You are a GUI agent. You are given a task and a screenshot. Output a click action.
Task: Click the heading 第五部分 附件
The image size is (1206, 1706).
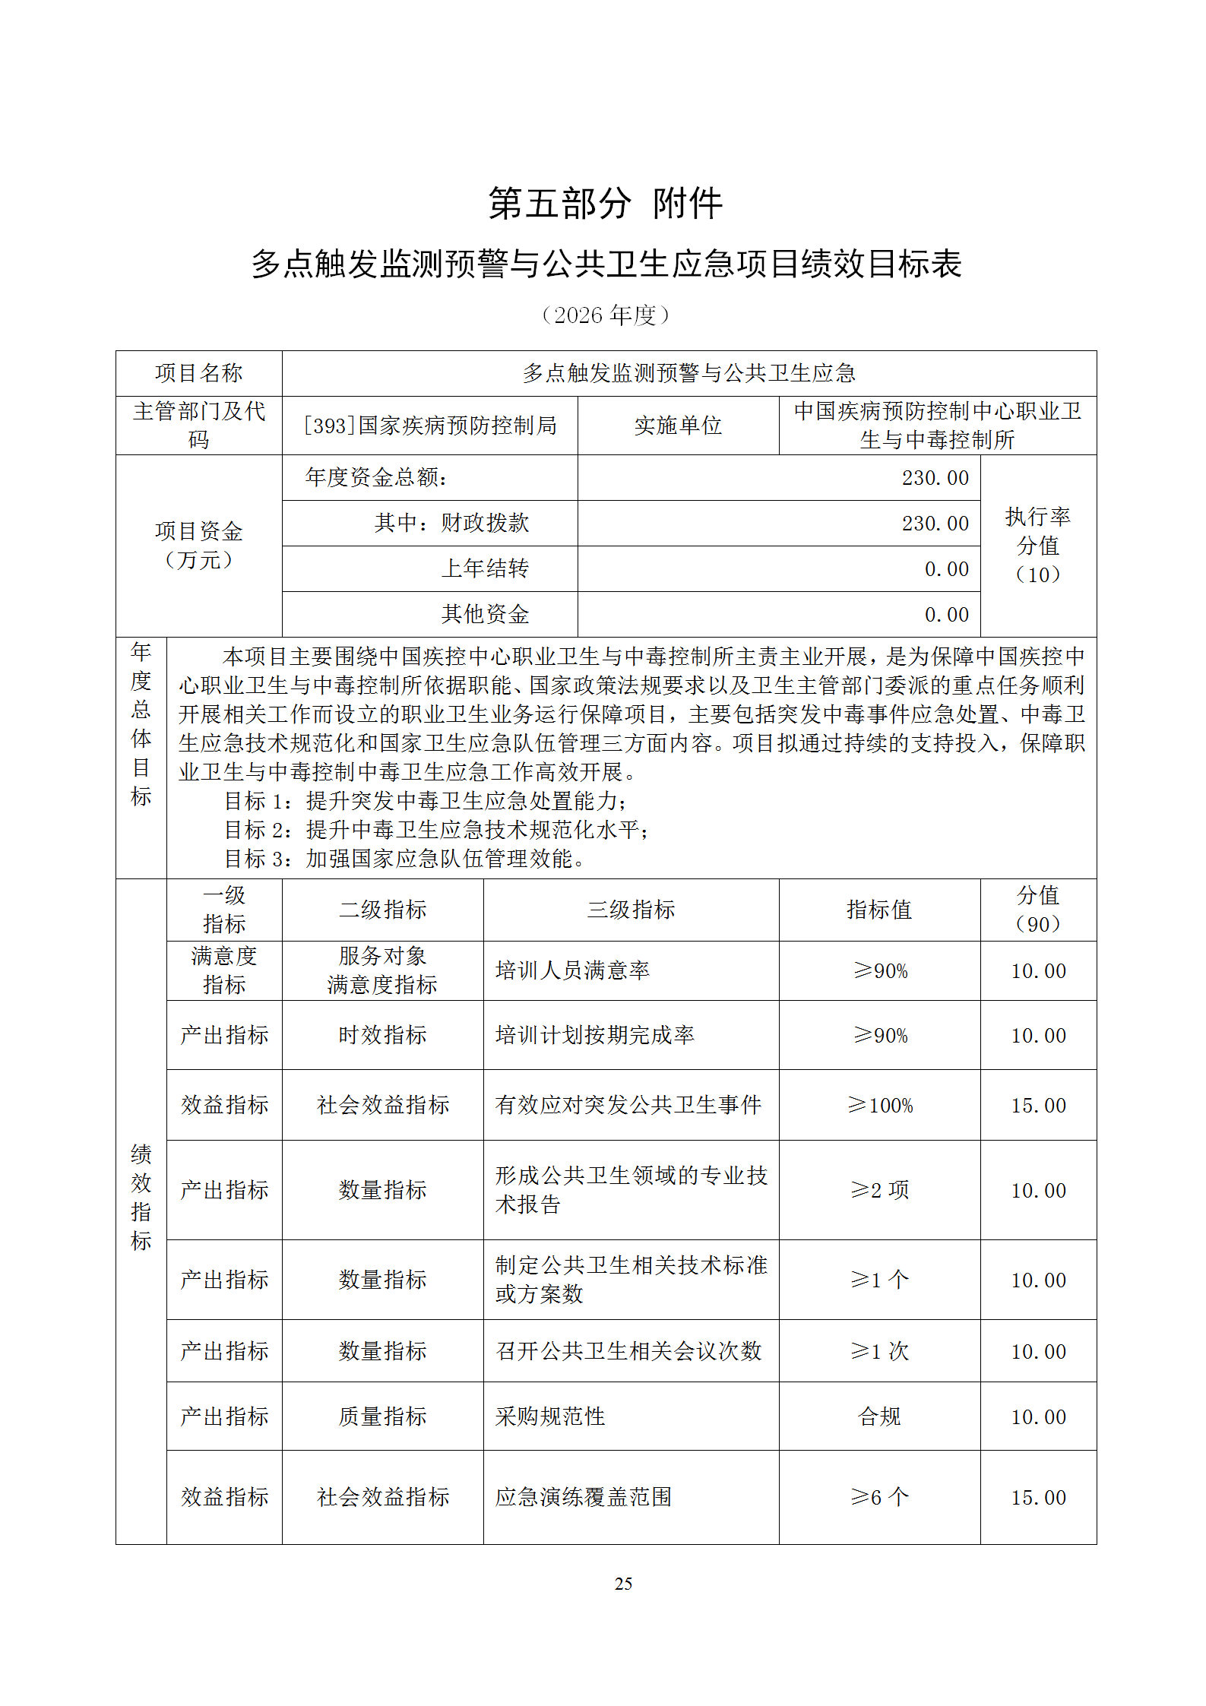pyautogui.click(x=605, y=204)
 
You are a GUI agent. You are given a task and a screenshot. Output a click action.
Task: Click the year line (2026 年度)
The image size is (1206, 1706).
pyautogui.click(x=605, y=315)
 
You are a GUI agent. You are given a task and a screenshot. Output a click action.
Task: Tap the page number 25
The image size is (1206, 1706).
pyautogui.click(x=623, y=1584)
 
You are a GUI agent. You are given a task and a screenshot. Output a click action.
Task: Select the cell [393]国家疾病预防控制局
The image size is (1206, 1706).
pyautogui.click(x=430, y=426)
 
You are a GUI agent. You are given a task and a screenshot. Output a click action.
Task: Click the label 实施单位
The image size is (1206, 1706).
pyautogui.click(x=678, y=426)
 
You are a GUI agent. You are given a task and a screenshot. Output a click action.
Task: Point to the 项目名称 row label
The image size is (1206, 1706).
pyautogui.click(x=198, y=373)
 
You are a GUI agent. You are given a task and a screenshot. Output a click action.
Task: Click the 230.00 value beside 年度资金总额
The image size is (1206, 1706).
pyautogui.click(x=935, y=478)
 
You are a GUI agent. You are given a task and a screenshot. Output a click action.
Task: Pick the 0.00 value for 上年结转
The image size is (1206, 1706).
pyautogui.click(x=946, y=569)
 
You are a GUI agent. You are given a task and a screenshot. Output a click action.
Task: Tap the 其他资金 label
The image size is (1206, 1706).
pyautogui.click(x=485, y=614)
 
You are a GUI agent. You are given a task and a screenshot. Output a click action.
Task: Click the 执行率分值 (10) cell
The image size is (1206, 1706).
pyautogui.click(x=1038, y=546)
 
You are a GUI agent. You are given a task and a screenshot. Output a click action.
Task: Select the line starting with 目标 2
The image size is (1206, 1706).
pyautogui.click(x=437, y=830)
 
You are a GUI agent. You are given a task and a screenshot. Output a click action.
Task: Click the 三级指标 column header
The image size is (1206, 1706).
pyautogui.click(x=631, y=910)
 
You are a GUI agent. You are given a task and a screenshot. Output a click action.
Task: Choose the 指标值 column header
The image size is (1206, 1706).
pyautogui.click(x=879, y=910)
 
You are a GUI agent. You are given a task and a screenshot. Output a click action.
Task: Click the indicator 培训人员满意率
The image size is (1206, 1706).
pyautogui.click(x=572, y=970)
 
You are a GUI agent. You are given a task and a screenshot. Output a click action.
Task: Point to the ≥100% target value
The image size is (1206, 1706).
pyautogui.click(x=880, y=1105)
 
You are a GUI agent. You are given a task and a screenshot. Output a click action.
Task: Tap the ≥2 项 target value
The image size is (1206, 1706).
pyautogui.click(x=880, y=1190)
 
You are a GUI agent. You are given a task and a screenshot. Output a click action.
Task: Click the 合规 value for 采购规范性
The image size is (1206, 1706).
pyautogui.click(x=879, y=1416)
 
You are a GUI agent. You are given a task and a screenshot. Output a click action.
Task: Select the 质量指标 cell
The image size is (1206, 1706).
pyautogui.click(x=382, y=1416)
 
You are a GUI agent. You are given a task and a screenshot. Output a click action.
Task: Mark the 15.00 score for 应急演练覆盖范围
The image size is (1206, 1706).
pyautogui.click(x=1038, y=1498)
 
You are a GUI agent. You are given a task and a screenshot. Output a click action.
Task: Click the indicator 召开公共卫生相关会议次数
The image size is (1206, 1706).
pyautogui.click(x=628, y=1351)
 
